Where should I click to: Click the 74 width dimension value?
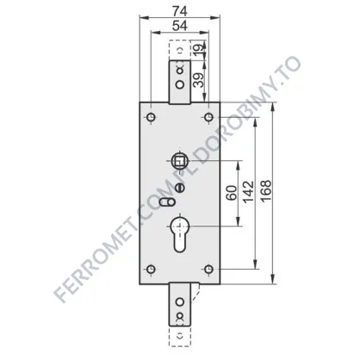(180, 11)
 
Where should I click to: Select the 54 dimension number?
(180, 26)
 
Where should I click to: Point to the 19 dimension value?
(200, 47)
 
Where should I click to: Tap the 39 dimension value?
(198, 80)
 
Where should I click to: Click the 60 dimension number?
(232, 193)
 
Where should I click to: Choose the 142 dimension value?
(249, 192)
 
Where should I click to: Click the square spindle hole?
(180, 160)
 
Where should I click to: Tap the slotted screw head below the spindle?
(180, 188)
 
